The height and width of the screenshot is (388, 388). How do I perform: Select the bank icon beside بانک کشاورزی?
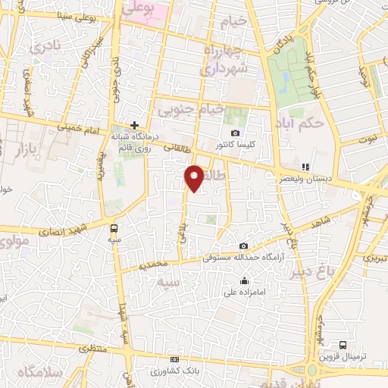click(x=176, y=359)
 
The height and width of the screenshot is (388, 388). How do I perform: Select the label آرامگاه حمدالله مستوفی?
click(x=243, y=258)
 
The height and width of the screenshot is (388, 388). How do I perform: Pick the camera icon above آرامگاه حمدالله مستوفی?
click(x=243, y=246)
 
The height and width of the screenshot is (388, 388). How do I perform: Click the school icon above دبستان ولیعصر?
click(x=305, y=166)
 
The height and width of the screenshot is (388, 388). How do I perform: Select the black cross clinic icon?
click(x=134, y=125)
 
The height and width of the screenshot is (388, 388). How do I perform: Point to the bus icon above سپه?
click(x=114, y=227)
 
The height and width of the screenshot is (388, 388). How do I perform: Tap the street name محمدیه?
click(x=155, y=265)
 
